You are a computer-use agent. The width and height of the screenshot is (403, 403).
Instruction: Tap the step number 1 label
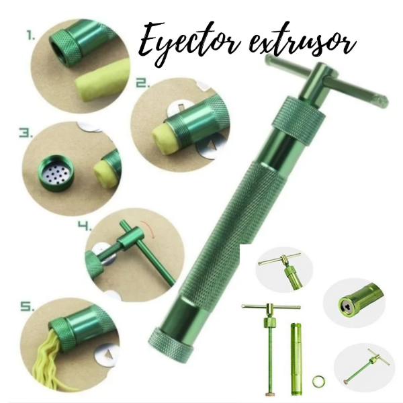pyautogui.click(x=32, y=36)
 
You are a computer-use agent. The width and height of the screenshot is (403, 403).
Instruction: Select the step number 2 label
pyautogui.click(x=142, y=83)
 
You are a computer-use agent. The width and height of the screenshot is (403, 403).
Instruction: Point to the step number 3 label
pyautogui.click(x=26, y=133)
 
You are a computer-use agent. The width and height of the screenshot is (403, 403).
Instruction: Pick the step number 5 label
pyautogui.click(x=28, y=306)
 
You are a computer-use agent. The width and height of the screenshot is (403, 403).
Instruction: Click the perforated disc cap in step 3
pyautogui.click(x=56, y=171)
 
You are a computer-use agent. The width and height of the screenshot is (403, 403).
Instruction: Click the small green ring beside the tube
pyautogui.click(x=318, y=380)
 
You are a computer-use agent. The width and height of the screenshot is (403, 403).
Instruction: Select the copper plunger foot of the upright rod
pyautogui.click(x=271, y=394)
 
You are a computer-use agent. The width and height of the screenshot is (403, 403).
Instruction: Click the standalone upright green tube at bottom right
pyautogui.click(x=296, y=359)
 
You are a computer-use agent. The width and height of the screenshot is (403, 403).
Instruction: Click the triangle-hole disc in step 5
pyautogui.click(x=107, y=355)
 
